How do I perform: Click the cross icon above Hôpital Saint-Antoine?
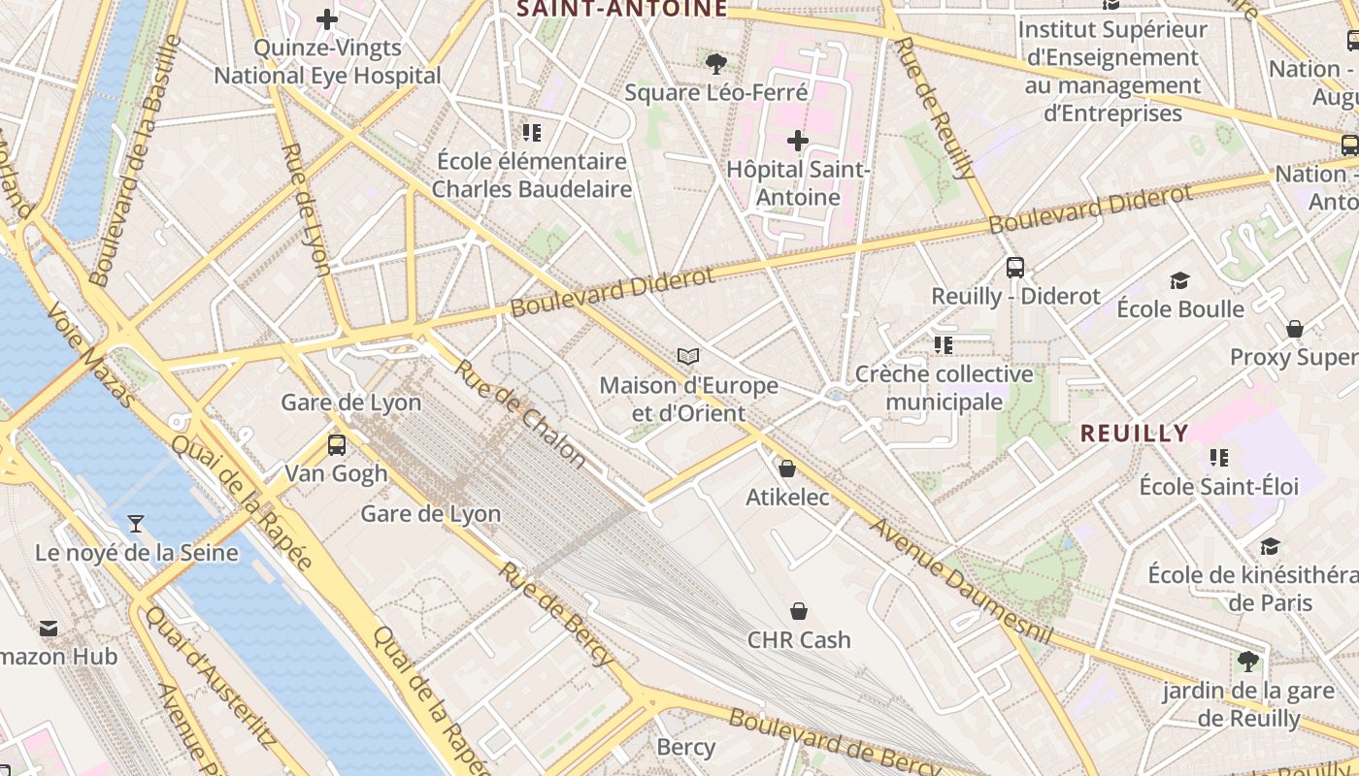[x=797, y=142]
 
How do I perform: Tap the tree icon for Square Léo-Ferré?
[x=716, y=64]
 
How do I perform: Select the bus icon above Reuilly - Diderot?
[x=1015, y=268]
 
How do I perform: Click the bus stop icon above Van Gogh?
[x=336, y=445]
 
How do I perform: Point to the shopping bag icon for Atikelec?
[x=787, y=469]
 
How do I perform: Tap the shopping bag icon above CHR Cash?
[x=798, y=611]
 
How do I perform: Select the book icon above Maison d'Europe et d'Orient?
[x=688, y=357]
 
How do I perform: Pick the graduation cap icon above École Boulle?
[x=1179, y=281]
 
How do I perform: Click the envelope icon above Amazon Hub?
[x=49, y=629]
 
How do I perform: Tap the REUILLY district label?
[x=1134, y=434]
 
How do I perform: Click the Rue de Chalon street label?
[x=519, y=413]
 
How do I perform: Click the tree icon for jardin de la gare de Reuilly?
[x=1247, y=663]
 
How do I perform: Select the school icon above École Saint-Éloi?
[x=1219, y=457]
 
